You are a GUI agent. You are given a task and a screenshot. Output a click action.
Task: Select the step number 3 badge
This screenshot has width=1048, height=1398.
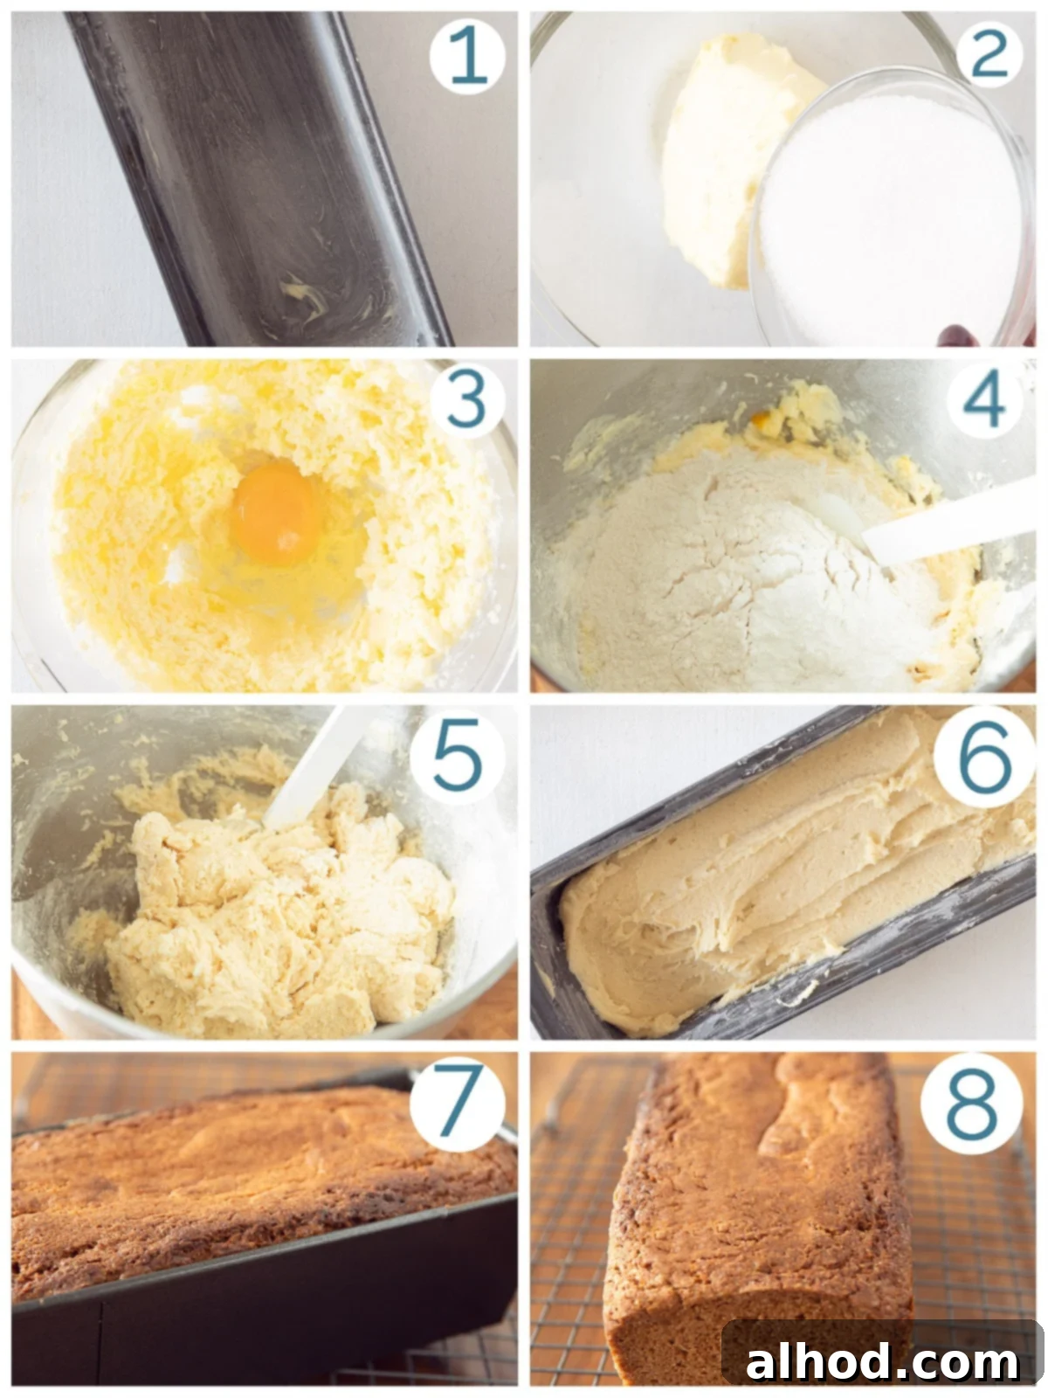[467, 400]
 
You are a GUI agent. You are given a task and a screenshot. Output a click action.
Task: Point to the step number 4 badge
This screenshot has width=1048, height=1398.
[986, 400]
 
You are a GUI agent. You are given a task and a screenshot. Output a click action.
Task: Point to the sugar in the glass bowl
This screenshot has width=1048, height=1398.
[891, 218]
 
